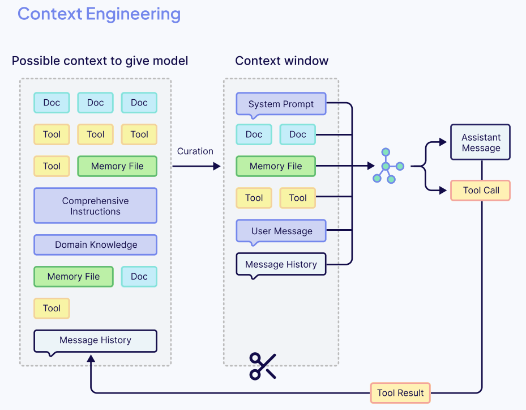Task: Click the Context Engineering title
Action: point(99,14)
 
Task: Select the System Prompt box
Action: point(281,104)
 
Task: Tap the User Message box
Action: point(281,231)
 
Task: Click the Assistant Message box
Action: point(480,142)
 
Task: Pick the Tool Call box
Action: point(480,191)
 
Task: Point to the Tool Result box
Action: point(400,392)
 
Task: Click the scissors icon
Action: point(263,366)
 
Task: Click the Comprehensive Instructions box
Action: point(95,206)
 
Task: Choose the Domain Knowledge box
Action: point(95,245)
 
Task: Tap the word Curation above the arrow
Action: point(195,151)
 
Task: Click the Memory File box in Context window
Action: point(275,166)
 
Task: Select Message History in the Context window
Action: point(281,264)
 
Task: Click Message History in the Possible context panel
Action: point(95,340)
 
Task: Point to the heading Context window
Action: point(281,61)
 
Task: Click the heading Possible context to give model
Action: point(100,61)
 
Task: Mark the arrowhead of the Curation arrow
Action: point(217,166)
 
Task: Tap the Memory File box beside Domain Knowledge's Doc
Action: point(74,277)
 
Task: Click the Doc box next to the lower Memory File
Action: point(139,277)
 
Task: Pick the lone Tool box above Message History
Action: point(52,308)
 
